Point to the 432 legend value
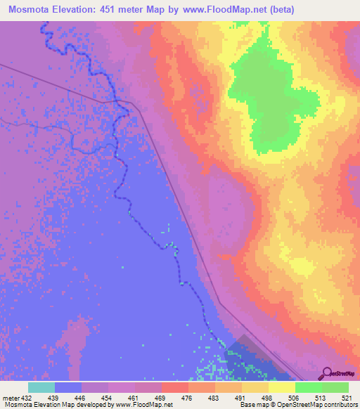(27, 398)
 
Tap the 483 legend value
(213, 398)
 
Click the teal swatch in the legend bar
(41, 387)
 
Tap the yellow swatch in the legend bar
(281, 387)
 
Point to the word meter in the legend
(10, 398)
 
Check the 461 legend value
(134, 398)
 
